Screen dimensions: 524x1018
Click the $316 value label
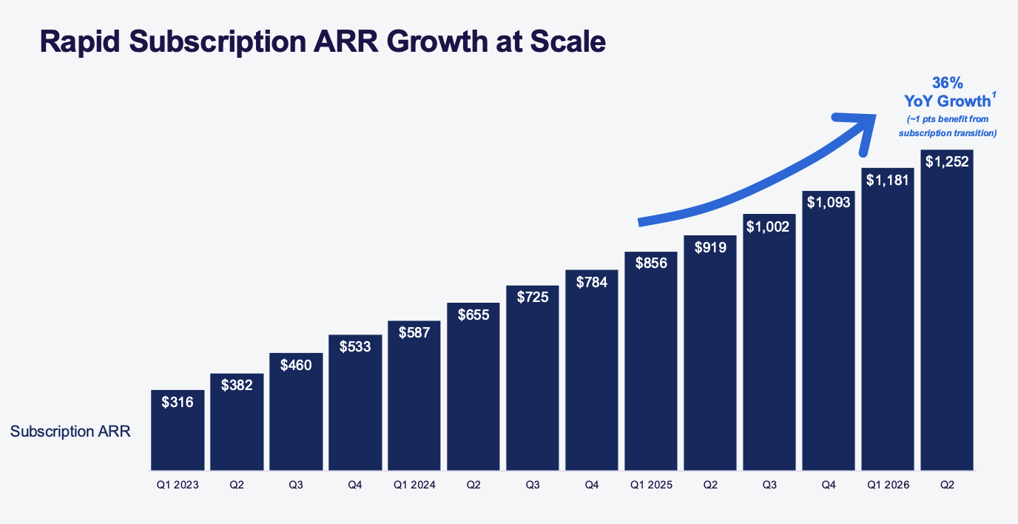point(178,403)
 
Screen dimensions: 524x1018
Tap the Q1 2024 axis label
point(414,485)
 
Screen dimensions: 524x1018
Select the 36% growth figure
point(947,83)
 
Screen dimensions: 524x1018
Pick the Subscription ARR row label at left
point(70,431)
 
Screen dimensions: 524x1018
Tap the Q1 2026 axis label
point(888,485)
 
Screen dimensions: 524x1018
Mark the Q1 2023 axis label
point(178,485)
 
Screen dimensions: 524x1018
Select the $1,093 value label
point(829,201)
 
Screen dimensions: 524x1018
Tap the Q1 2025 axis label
point(651,485)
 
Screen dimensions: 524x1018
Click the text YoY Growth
point(944,101)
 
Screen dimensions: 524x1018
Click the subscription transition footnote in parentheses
point(947,126)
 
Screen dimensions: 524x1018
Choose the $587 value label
point(414,332)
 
